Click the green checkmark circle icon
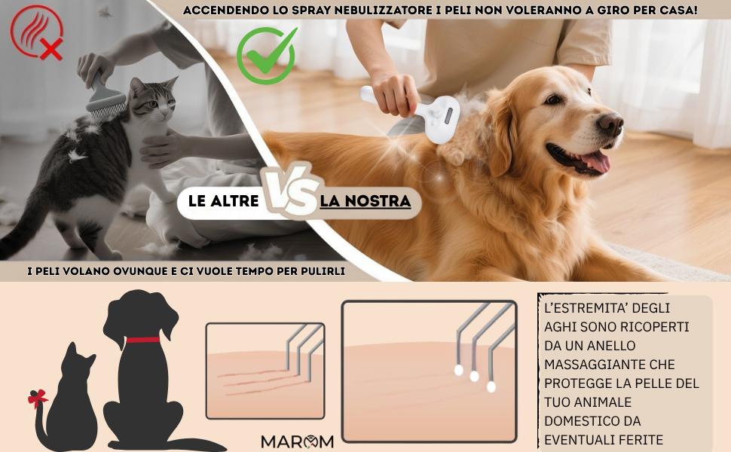[266, 56]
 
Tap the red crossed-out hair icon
[36, 32]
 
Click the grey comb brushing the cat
[105, 97]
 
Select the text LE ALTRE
[223, 201]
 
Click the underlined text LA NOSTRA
[365, 201]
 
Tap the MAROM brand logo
[298, 441]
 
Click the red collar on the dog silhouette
[142, 340]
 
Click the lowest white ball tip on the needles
[491, 386]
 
